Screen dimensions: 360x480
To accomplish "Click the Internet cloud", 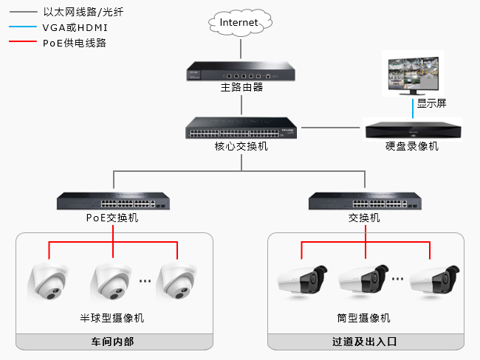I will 239,23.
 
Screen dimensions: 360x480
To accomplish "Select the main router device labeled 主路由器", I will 241,72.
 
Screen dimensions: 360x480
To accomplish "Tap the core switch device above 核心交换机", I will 241,129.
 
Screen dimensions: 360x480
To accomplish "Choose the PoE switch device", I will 112,201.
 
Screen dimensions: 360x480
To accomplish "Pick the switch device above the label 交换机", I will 365,201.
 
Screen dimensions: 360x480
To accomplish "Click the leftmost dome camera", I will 49,284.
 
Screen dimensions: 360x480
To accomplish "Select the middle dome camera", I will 113,284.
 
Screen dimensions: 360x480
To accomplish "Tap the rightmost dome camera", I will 178,284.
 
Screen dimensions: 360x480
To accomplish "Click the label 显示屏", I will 432,103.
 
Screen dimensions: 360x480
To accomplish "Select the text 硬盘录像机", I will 412,146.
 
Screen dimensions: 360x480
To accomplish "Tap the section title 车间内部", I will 113,342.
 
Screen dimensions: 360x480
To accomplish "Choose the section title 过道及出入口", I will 365,342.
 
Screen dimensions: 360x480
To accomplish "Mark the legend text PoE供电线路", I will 75,43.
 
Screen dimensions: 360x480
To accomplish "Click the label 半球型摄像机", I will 112,319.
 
